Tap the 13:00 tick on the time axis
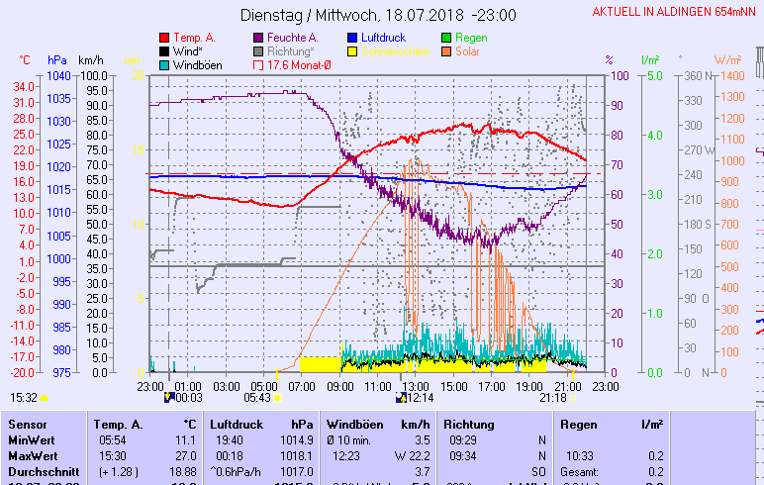coord(415,385)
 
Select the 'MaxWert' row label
coord(31,456)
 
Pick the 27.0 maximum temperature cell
coord(185,456)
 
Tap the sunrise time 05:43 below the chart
coord(256,398)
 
